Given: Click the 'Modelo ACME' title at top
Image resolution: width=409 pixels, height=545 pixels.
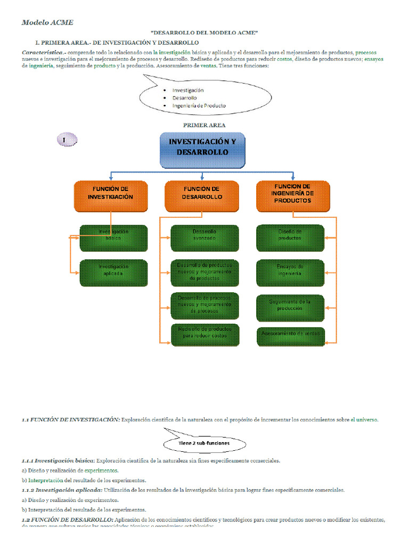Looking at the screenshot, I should [47, 22].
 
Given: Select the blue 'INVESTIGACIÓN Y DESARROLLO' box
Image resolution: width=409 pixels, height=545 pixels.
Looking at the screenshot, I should [202, 149].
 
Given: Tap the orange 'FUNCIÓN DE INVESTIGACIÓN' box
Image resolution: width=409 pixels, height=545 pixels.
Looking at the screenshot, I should [110, 196].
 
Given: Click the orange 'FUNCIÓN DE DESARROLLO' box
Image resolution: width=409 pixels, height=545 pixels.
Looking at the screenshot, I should [202, 196].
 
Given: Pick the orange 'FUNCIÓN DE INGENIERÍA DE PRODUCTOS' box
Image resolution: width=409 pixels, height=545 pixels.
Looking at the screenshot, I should [293, 196].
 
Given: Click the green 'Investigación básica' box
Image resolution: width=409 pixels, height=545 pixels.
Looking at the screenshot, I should [113, 237].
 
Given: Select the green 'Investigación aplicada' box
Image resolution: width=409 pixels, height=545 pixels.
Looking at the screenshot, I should [113, 272].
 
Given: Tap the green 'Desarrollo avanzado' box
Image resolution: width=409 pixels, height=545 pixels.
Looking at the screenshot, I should [204, 237].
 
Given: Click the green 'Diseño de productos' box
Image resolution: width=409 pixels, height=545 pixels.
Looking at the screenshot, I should [290, 237].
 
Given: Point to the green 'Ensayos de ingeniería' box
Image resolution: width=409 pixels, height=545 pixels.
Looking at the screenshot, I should [290, 272].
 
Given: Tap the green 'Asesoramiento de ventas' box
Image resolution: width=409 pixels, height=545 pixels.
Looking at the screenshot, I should [290, 335].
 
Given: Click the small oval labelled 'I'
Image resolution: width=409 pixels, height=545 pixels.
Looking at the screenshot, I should [66, 140].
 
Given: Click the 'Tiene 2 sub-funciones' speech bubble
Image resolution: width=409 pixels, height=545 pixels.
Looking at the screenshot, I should [204, 443].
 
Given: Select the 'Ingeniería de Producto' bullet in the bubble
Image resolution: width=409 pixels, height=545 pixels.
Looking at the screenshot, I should [199, 105].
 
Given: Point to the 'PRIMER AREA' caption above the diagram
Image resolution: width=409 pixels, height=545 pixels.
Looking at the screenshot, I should [204, 125].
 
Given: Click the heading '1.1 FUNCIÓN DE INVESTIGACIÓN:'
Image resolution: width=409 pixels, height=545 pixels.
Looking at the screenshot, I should [71, 419].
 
